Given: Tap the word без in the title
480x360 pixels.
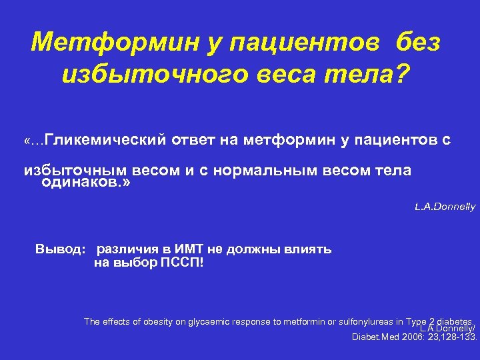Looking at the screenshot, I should [x=417, y=43].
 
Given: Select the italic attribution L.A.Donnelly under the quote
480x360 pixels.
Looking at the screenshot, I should [x=445, y=207].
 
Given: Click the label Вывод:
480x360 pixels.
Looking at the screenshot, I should [x=60, y=249].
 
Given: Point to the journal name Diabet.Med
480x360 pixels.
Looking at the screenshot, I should [x=375, y=337].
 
